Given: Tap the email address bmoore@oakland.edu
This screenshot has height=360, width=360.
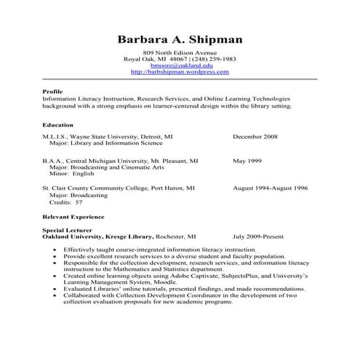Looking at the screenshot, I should click(x=180, y=65).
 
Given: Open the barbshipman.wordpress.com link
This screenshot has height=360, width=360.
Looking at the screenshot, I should click(x=180, y=72).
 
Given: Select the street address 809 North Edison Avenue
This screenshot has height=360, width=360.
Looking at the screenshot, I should click(x=180, y=52).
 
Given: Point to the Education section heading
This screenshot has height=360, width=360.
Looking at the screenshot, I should click(x=57, y=125).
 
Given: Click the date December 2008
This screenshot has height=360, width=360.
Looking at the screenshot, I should click(x=255, y=136).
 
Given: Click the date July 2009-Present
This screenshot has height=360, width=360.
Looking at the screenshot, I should click(x=259, y=236).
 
